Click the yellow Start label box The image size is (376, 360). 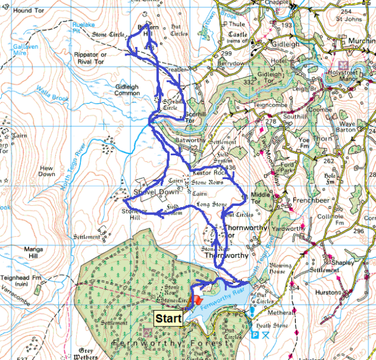(168, 318)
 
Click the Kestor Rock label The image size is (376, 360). (210, 174)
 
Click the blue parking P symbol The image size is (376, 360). (254, 335)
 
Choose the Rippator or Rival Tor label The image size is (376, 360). (90, 58)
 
